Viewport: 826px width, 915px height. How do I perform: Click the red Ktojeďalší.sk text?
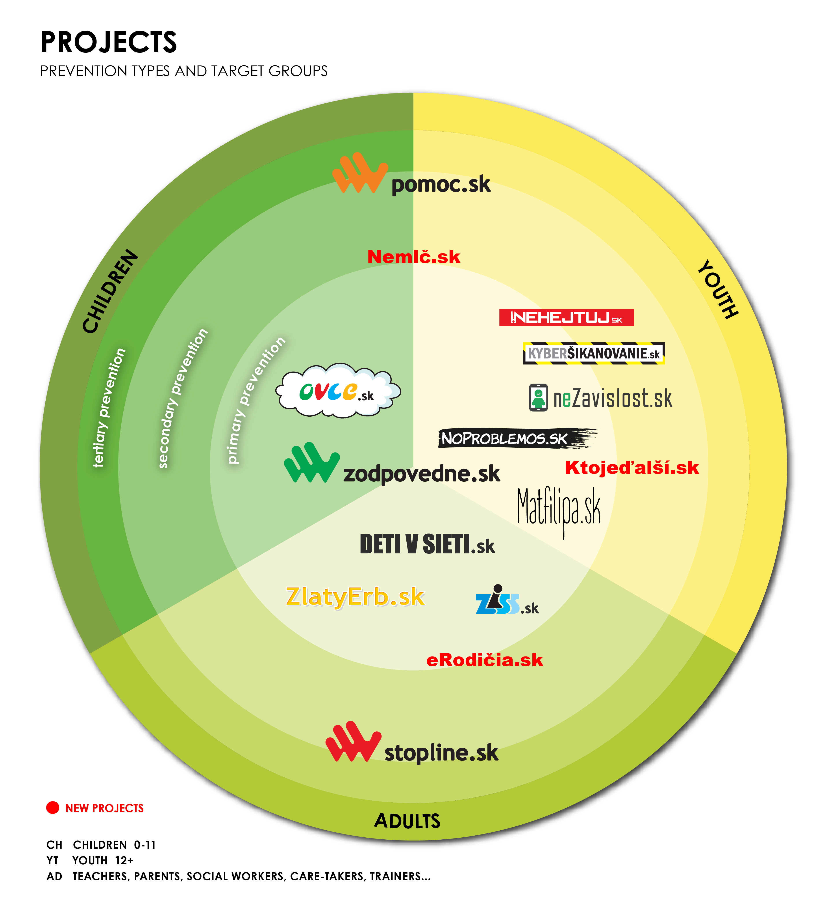click(x=632, y=468)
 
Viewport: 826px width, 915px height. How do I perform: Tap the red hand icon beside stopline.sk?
click(x=352, y=742)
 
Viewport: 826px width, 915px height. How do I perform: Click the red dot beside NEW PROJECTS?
click(x=53, y=807)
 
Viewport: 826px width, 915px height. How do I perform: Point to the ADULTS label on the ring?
click(x=407, y=821)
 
